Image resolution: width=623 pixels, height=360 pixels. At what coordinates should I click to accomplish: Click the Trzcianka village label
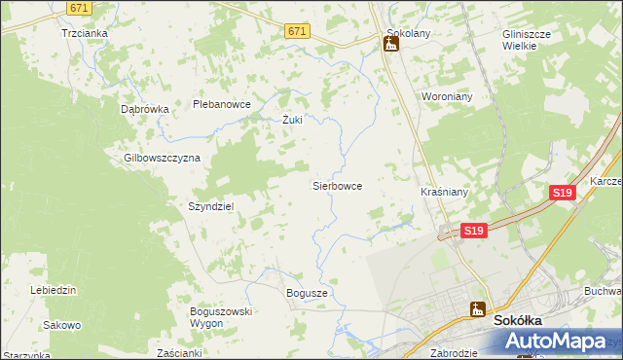coord(84,32)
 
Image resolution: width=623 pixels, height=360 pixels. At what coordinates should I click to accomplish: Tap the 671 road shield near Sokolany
coord(298,32)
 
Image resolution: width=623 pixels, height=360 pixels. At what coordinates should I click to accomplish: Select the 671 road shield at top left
coord(81,8)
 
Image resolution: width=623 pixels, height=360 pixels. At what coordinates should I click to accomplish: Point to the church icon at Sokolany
coord(392,44)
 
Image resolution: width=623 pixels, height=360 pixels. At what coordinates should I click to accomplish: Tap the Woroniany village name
coord(447,97)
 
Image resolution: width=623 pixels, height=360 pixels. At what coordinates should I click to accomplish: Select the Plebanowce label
coord(222,104)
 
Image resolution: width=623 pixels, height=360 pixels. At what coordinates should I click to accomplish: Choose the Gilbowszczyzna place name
coord(162,158)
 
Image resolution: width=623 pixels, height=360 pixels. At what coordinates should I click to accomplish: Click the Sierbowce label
coord(337,185)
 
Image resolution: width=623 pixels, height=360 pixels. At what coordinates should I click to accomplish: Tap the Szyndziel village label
coord(210,206)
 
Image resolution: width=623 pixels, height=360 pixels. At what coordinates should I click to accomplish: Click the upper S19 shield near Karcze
coord(562,194)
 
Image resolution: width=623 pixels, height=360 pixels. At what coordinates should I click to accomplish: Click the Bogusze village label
coord(307,292)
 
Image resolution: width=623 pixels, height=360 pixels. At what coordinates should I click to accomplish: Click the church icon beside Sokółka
coord(478,310)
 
